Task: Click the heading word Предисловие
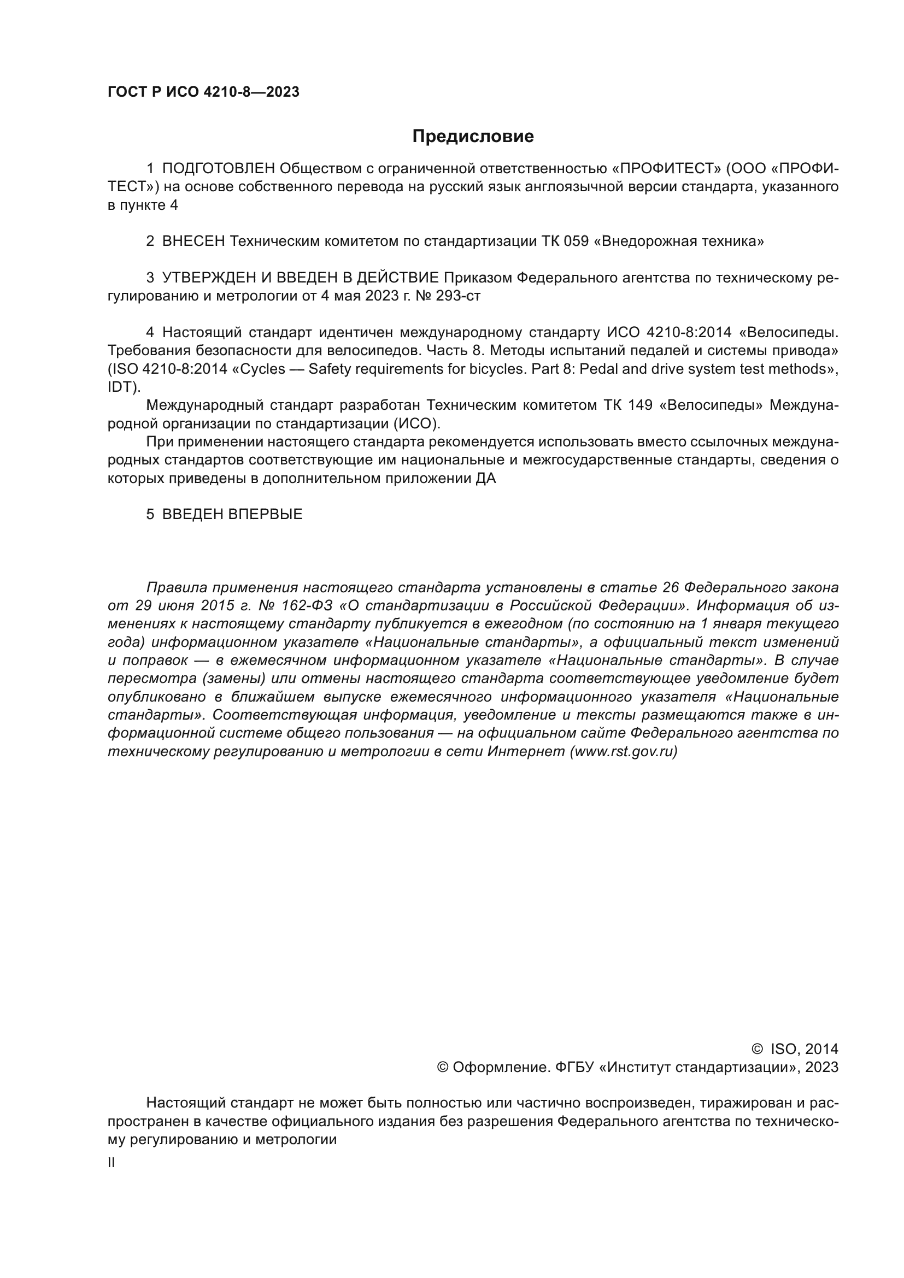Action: tap(473, 137)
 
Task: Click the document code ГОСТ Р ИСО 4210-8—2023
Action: tap(203, 92)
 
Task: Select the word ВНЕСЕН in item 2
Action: tap(193, 242)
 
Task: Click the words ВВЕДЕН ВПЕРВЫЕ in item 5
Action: tap(232, 514)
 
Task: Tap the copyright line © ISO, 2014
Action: tap(795, 1049)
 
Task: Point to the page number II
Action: tap(111, 1163)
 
